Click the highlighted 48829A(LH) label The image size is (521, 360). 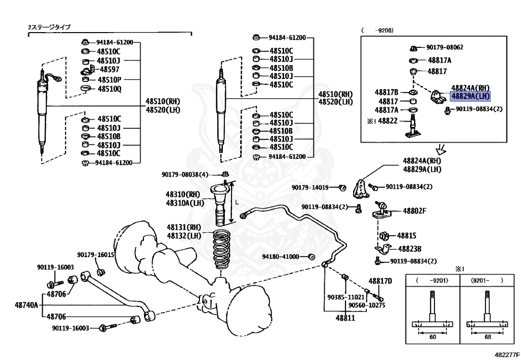pos(470,96)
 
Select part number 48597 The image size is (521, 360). pos(109,69)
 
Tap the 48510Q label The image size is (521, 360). pos(109,89)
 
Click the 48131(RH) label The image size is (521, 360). pos(184,228)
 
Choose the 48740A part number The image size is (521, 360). pos(26,305)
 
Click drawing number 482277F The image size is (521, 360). pos(507,355)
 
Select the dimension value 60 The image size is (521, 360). pos(432,337)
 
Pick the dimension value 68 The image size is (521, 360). pos(488,337)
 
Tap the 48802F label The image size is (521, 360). pos(414,211)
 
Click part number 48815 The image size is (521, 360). pos(407,236)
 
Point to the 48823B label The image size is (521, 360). pos(410,249)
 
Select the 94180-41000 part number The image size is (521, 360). pos(280,257)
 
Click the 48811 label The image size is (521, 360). pos(345,318)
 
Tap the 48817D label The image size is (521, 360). pos(380,281)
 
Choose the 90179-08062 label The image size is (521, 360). pos(445,47)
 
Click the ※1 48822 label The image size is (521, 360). pos(382,121)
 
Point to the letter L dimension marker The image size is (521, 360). pos(237,202)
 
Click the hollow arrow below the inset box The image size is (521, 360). pos(442,150)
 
